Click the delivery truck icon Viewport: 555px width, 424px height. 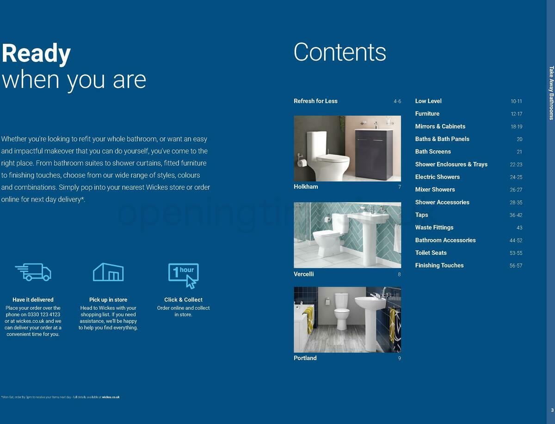coord(33,272)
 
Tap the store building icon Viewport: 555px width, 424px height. coord(108,272)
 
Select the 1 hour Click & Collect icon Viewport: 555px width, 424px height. coord(183,275)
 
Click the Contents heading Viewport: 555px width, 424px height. coord(339,52)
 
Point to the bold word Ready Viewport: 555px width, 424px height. coord(36,54)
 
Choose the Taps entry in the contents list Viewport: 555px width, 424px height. coord(421,215)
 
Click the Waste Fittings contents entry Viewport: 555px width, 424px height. coord(434,227)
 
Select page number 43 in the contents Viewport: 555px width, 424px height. coord(519,228)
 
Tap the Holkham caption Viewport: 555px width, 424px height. coord(306,187)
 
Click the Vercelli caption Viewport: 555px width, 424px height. coord(303,274)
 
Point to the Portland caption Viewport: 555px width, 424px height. coord(305,358)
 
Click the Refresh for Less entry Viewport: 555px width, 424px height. coord(315,101)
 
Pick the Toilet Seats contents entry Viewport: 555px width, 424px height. coord(431,253)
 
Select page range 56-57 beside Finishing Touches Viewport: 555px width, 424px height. coord(516,266)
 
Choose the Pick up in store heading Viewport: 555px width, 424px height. coord(108,300)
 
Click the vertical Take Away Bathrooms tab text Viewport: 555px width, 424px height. coord(551,92)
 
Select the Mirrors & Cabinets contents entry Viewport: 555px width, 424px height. coord(440,127)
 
